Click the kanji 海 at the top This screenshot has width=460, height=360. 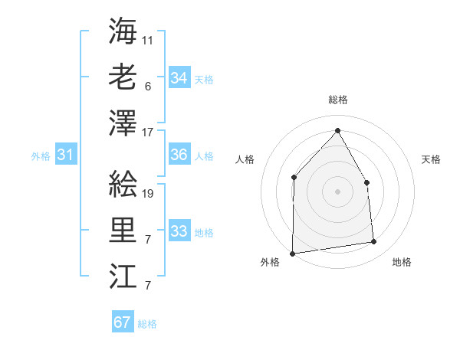click(x=123, y=31)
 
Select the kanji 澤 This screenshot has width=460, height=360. click(x=123, y=122)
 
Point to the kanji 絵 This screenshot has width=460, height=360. click(x=123, y=185)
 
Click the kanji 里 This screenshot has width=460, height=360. click(x=123, y=231)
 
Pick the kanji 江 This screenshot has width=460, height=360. click(x=123, y=277)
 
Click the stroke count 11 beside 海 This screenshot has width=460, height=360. click(x=148, y=39)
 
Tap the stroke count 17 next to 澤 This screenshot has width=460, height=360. click(x=148, y=132)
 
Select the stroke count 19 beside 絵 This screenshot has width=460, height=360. click(x=148, y=194)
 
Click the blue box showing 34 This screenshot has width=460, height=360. click(x=179, y=77)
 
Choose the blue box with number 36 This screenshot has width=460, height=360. click(x=179, y=155)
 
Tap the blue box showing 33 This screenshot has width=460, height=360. click(x=179, y=231)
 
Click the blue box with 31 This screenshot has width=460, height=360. click(x=65, y=155)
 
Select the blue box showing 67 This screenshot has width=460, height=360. click(x=123, y=322)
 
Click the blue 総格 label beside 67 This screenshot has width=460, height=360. click(x=147, y=324)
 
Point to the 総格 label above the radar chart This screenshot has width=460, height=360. click(x=337, y=100)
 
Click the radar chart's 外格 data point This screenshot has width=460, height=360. click(x=292, y=253)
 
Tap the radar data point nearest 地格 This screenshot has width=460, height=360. click(x=374, y=242)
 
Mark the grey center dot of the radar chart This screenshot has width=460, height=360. click(x=337, y=191)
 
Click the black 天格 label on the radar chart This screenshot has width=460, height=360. click(x=432, y=159)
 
